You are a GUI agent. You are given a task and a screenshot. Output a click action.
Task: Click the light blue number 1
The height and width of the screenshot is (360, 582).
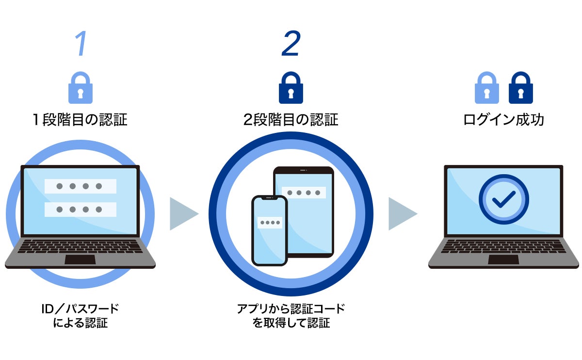pyautogui.click(x=81, y=44)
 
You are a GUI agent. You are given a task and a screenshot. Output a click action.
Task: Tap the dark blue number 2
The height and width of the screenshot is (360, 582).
pyautogui.click(x=291, y=44)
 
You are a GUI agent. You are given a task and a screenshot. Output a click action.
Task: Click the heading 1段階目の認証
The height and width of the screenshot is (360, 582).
pyautogui.click(x=80, y=119)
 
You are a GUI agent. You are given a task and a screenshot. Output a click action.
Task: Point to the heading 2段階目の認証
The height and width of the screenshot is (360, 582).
pyautogui.click(x=291, y=119)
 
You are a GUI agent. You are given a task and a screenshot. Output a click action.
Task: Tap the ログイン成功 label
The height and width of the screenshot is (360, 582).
pyautogui.click(x=503, y=119)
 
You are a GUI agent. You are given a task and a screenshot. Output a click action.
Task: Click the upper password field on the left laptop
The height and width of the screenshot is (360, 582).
pyautogui.click(x=80, y=186)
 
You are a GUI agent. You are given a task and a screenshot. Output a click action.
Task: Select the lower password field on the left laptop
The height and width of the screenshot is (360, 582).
pyautogui.click(x=80, y=210)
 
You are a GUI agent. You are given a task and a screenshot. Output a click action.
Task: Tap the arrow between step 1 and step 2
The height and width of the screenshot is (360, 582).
pyautogui.click(x=183, y=213)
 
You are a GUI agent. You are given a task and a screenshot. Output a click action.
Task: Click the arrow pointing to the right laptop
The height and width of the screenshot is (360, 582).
pyautogui.click(x=402, y=213)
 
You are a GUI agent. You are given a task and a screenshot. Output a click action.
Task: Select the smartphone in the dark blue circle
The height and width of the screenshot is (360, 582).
pyautogui.click(x=269, y=230)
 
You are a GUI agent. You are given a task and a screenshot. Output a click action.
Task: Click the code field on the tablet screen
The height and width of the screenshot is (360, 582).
pyautogui.click(x=304, y=193)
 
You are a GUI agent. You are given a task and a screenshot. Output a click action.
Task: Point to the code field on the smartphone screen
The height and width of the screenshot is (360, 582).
pyautogui.click(x=269, y=223)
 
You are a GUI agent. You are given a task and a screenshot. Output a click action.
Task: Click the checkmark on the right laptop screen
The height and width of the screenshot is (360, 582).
pyautogui.click(x=503, y=199)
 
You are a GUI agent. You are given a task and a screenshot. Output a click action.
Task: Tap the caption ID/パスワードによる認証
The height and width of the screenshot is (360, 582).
pyautogui.click(x=80, y=316)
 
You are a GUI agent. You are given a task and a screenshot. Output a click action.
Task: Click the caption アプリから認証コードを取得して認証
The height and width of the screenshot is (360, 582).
pyautogui.click(x=291, y=316)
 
